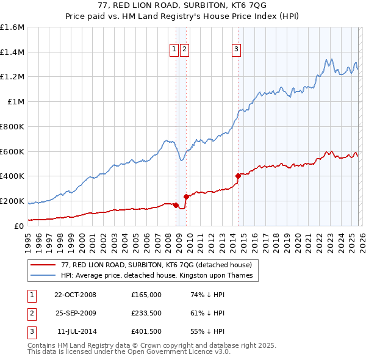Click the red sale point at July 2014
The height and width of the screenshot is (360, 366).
[237, 176]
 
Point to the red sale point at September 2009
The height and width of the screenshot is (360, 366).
[186, 196]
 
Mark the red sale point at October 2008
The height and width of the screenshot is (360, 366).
[176, 205]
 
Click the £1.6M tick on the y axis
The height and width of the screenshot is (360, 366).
[12, 27]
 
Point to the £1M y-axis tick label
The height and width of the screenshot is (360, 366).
[16, 102]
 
